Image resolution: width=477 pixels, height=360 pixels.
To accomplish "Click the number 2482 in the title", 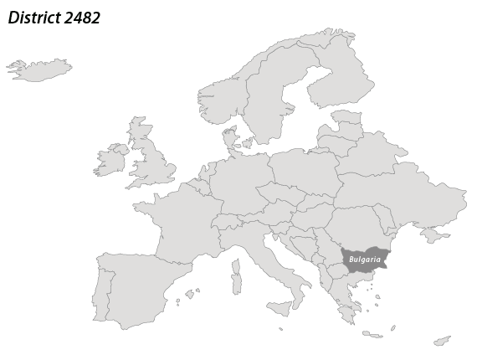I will coord(81,18).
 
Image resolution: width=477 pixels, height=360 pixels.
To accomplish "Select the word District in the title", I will coord(33,18).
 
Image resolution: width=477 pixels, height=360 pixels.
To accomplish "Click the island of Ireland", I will coord(110,160).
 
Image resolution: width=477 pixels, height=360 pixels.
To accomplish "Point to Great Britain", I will coord(151,163).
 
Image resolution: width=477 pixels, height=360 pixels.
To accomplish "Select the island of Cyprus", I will coord(442,341).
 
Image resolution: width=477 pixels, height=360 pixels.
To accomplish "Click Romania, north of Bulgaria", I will coord(356,226).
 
